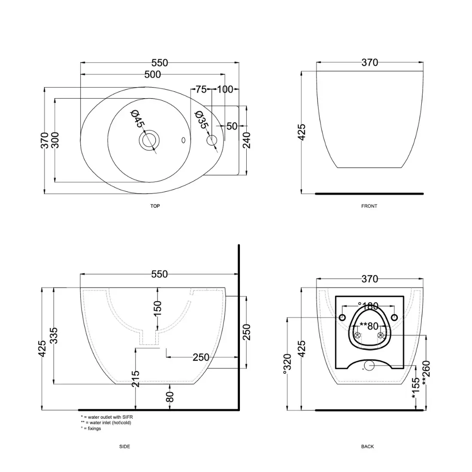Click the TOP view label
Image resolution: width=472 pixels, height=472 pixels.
coord(155,206)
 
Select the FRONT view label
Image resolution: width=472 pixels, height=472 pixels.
coord(369,206)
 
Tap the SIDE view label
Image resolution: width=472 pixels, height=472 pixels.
coord(124,446)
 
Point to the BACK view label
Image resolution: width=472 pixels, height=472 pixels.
coord(367,446)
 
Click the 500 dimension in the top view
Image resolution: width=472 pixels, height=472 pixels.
coord(152,75)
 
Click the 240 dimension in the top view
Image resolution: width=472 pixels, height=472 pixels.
coord(247,140)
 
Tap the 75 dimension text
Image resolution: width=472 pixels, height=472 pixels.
coord(200,89)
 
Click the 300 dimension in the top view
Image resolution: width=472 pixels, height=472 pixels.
coord(55,140)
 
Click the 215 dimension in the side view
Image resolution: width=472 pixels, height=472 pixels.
coord(136,379)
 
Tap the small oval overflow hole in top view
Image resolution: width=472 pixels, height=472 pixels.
coord(184,140)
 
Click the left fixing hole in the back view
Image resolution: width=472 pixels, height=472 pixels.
coord(342,318)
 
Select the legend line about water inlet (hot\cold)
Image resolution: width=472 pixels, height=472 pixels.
coord(106,423)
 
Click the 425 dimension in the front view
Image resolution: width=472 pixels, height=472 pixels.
coord(302,132)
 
